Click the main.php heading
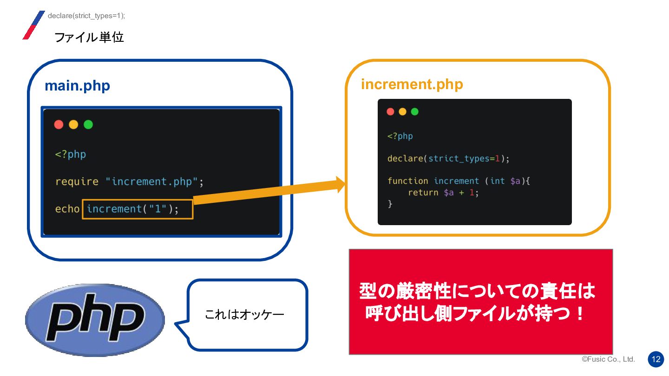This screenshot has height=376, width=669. point(77,86)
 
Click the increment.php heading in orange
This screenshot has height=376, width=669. point(412,84)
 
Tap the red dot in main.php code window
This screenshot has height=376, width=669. point(59,124)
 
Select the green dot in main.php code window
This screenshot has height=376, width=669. point(88,124)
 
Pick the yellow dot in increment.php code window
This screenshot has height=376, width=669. point(402,111)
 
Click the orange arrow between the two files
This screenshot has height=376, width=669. point(269,192)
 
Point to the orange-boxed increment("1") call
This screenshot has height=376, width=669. point(138,209)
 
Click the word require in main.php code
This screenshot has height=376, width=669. point(77,182)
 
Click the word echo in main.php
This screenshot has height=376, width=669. point(67,209)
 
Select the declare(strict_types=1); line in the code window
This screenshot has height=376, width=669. point(448,159)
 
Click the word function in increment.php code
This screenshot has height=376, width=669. point(407,181)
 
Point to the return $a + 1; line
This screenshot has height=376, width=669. point(443,192)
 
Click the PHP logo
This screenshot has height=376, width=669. point(95,319)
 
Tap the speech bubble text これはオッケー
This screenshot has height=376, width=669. point(244,315)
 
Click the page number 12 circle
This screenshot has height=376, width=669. point(656,359)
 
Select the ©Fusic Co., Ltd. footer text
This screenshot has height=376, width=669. point(608,359)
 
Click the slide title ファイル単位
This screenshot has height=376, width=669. point(89,37)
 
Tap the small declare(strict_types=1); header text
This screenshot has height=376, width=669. point(86,16)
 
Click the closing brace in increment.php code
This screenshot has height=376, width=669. point(390,204)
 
